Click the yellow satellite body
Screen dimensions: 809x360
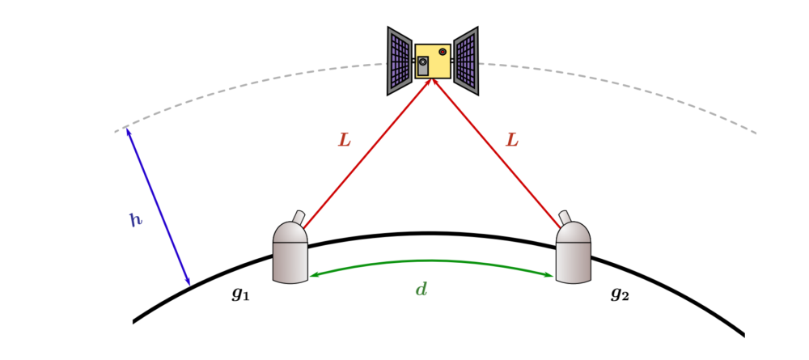click(x=433, y=61)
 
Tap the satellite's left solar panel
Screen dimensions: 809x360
click(x=400, y=61)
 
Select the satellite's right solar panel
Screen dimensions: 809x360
click(x=466, y=61)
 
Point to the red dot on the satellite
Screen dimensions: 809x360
click(x=443, y=52)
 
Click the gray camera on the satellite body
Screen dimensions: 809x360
click(x=423, y=66)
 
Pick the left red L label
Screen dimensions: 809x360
click(x=344, y=140)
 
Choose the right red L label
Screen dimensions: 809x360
click(x=511, y=140)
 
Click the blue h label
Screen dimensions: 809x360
click(x=136, y=220)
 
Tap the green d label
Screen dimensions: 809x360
click(x=421, y=290)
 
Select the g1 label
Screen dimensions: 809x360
click(x=241, y=294)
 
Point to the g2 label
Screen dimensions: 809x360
click(x=621, y=294)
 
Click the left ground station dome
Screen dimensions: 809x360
click(x=290, y=252)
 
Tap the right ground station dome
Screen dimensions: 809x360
click(x=574, y=252)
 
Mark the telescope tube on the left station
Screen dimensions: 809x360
click(x=299, y=217)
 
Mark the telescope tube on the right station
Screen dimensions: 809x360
click(x=565, y=217)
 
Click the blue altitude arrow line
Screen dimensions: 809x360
click(x=159, y=206)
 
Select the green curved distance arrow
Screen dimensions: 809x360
click(x=431, y=261)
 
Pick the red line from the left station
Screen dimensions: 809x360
click(x=367, y=153)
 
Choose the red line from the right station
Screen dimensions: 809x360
click(x=497, y=153)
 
